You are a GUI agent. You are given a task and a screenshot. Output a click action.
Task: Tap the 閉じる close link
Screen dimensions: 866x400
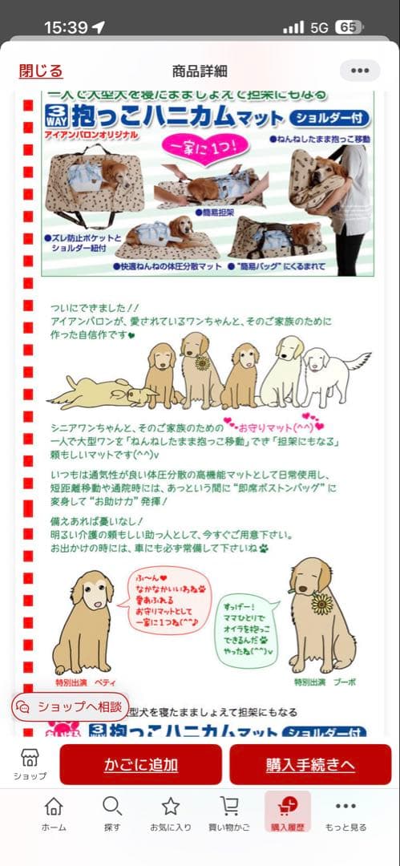tap(40, 71)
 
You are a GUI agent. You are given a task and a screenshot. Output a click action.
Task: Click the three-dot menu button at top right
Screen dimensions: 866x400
tap(360, 71)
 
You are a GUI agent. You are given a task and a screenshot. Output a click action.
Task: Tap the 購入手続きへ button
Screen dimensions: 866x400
tap(310, 765)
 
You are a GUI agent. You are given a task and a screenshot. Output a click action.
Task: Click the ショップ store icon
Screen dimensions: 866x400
tap(30, 764)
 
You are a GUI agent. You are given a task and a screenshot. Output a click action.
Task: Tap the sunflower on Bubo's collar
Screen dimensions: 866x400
tap(321, 604)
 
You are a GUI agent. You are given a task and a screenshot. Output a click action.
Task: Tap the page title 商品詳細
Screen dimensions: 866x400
tap(200, 71)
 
